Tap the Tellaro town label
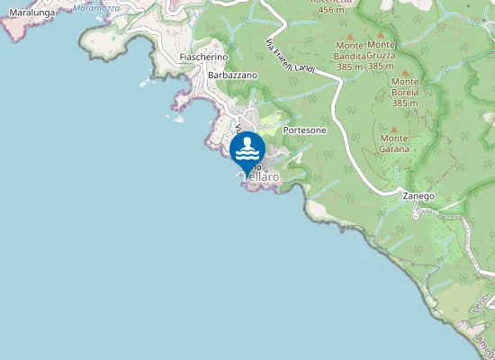click(262, 178)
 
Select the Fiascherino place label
click(202, 57)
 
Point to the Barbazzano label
click(232, 75)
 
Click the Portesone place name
click(304, 130)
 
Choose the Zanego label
click(418, 195)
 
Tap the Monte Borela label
click(405, 92)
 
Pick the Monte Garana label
click(394, 143)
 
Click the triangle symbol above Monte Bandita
click(349, 36)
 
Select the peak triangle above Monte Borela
click(405, 72)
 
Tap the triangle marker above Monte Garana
click(394, 128)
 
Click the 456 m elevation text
click(333, 10)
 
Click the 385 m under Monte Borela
click(405, 103)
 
